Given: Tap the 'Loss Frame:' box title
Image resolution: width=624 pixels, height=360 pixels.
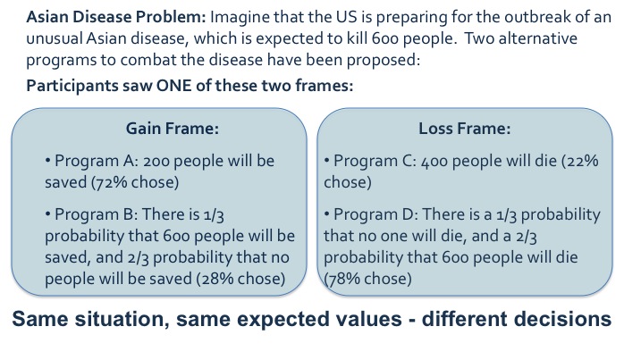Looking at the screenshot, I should pyautogui.click(x=464, y=128).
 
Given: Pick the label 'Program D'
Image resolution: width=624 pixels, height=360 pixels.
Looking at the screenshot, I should pyautogui.click(x=367, y=214).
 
